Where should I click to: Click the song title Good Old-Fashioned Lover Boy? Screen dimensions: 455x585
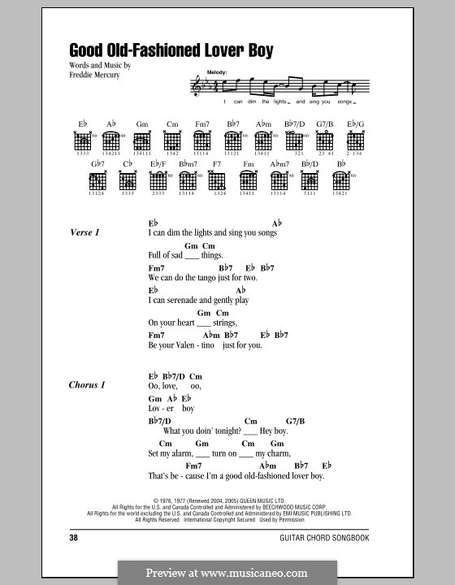pyautogui.click(x=171, y=50)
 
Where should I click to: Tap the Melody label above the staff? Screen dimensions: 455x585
pyautogui.click(x=218, y=72)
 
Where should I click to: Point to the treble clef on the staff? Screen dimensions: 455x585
pyautogui.click(x=197, y=85)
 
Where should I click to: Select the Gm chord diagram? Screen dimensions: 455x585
pyautogui.click(x=143, y=140)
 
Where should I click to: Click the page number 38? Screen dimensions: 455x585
pyautogui.click(x=74, y=538)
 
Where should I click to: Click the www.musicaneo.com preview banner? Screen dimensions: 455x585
pyautogui.click(x=227, y=570)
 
